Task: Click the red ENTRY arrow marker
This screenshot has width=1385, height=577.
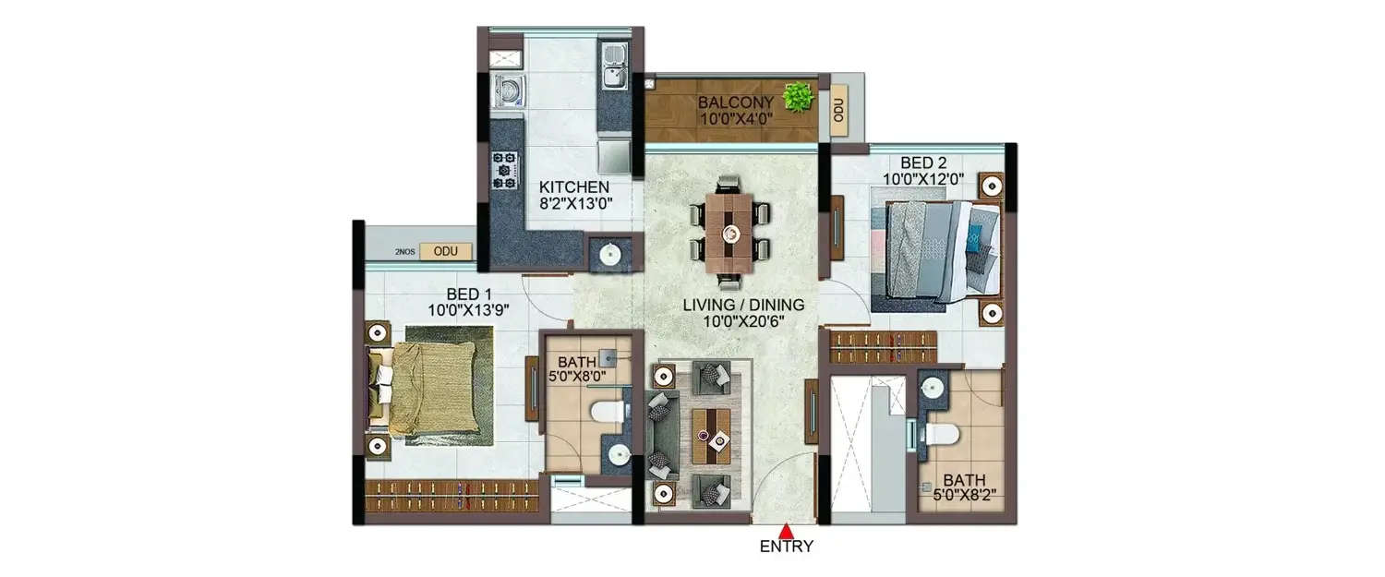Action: click(x=786, y=531)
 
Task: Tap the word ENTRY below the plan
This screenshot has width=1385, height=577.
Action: click(x=786, y=547)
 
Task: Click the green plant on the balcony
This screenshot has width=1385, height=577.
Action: click(x=797, y=95)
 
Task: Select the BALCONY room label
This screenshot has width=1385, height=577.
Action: click(x=734, y=102)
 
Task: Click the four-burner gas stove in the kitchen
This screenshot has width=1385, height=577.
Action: click(x=504, y=170)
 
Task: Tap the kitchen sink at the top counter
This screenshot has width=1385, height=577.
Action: click(x=612, y=66)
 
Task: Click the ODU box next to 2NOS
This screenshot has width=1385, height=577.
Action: click(x=445, y=251)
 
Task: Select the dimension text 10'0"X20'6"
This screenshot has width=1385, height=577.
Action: click(x=743, y=322)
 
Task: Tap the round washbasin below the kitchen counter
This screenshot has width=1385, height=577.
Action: click(x=609, y=251)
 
